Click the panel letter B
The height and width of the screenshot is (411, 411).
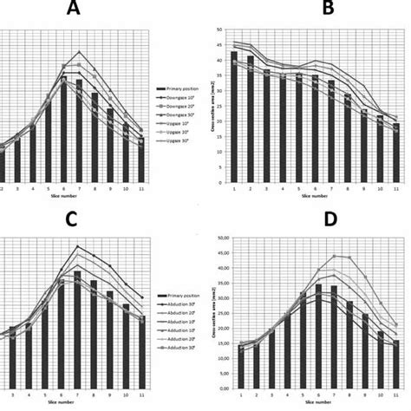click(304, 10)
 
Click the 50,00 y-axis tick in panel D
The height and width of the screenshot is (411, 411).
click(225, 237)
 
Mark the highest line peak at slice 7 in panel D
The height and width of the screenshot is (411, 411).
click(334, 256)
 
